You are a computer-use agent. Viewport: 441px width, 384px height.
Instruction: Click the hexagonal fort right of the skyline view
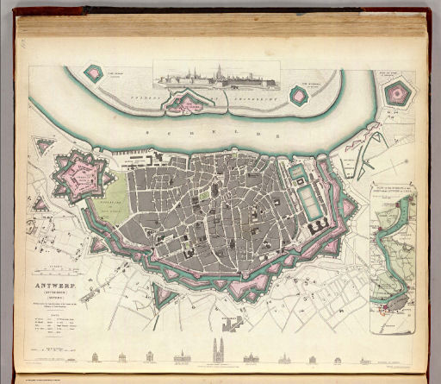pyautogui.click(x=301, y=92)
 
